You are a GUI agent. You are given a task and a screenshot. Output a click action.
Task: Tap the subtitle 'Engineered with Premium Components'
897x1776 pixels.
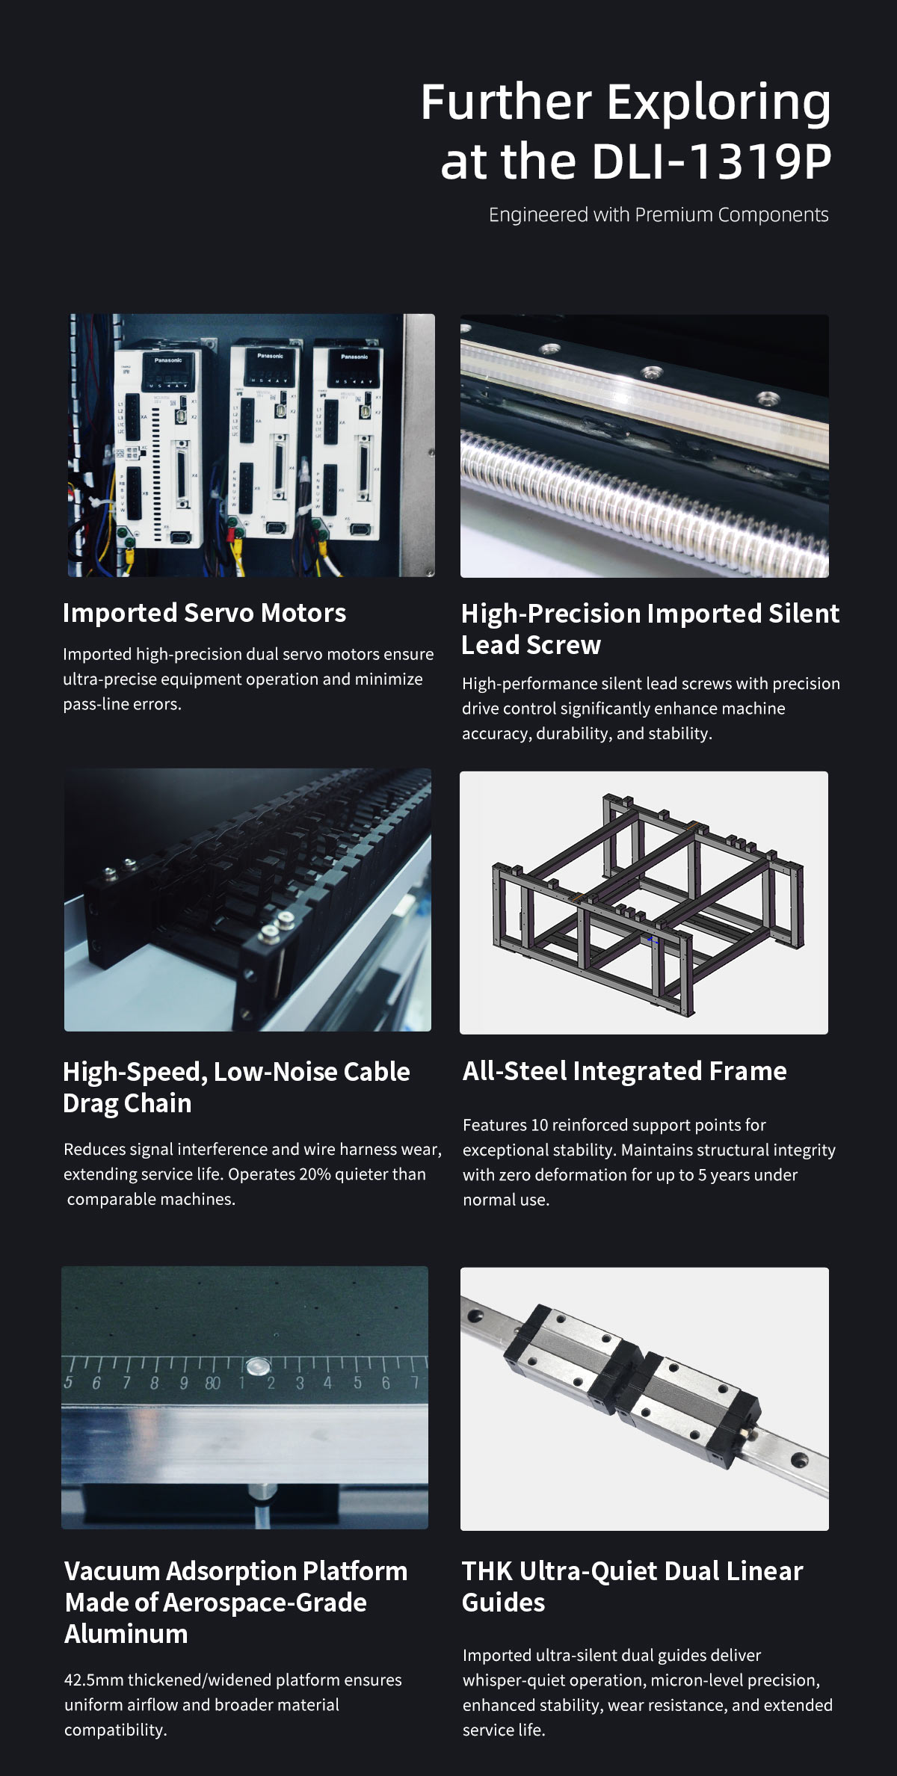659,215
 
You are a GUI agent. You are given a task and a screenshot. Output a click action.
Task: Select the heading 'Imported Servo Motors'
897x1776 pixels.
204,613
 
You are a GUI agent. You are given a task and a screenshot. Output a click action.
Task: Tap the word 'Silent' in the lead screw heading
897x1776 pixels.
804,614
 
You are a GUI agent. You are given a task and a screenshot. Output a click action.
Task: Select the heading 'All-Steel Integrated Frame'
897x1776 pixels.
624,1071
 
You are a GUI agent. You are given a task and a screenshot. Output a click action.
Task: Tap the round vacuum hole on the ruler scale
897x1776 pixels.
257,1367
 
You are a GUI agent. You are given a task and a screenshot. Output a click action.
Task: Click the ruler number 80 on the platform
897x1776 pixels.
213,1384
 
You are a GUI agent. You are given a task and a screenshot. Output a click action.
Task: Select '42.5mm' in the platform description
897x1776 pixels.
93,1680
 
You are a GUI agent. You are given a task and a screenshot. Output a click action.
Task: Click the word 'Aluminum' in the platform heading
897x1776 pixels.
126,1634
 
